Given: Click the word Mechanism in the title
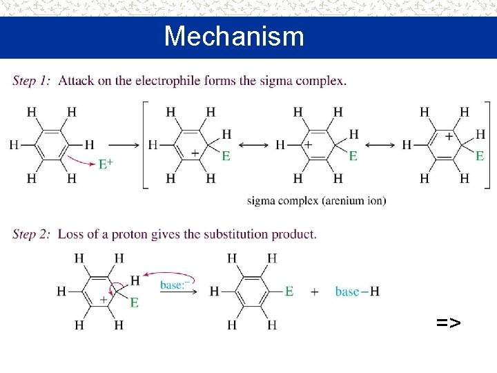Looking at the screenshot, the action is click(x=234, y=36).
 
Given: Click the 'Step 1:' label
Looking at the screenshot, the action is click(x=32, y=81).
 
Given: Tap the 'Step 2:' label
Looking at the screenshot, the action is click(x=32, y=234).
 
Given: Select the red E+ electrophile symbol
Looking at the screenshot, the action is click(x=106, y=164).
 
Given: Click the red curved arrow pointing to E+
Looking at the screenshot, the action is click(x=79, y=161).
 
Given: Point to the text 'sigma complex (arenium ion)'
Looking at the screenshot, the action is click(x=316, y=201).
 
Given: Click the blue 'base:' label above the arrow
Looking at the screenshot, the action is click(x=176, y=284).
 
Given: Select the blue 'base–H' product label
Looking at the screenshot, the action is click(x=357, y=291).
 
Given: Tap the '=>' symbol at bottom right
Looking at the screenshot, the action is click(x=448, y=322).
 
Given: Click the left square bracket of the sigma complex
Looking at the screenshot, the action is click(x=145, y=144).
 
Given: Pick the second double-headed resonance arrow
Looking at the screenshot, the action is click(x=379, y=145).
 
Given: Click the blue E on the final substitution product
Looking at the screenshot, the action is click(x=289, y=291).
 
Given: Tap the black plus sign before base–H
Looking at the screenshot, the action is click(x=315, y=291).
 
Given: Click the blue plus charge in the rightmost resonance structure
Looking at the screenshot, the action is click(x=449, y=137).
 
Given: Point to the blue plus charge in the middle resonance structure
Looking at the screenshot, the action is click(x=308, y=144).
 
